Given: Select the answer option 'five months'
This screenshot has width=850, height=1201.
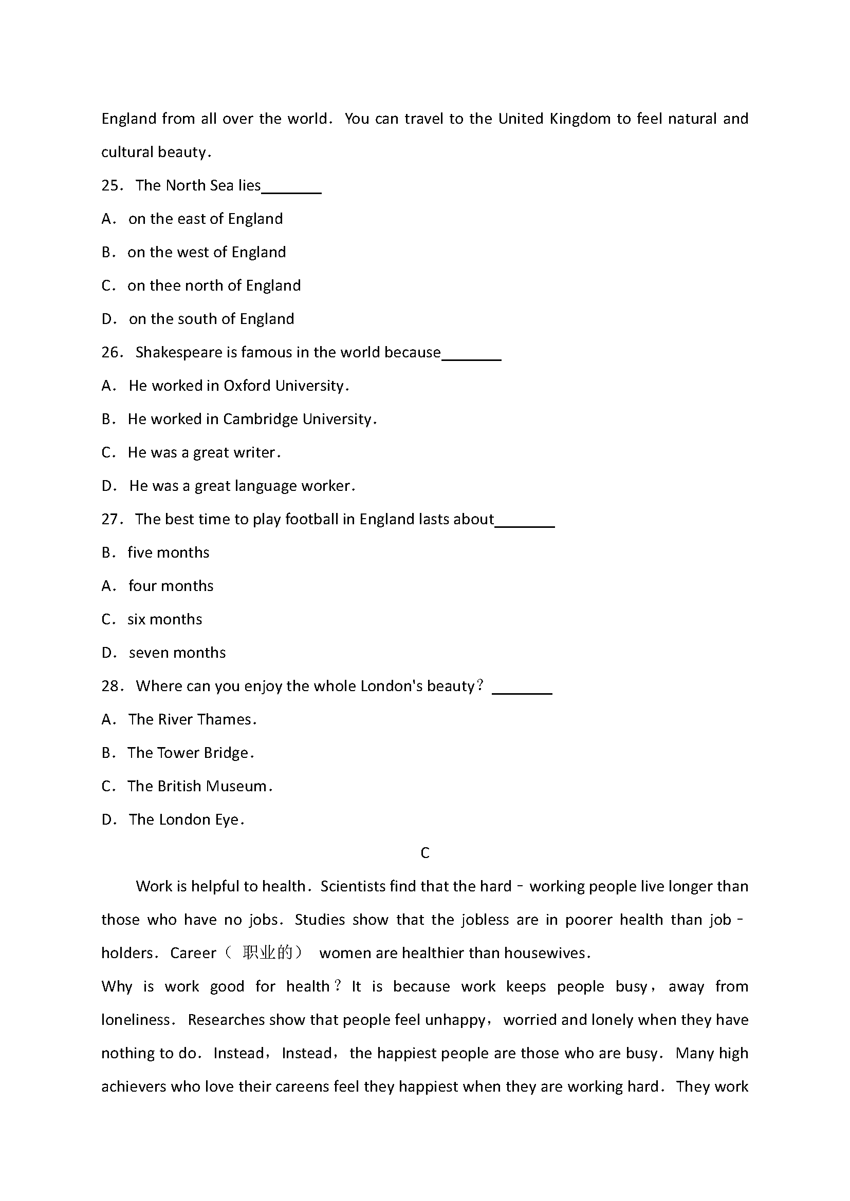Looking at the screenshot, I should (168, 553).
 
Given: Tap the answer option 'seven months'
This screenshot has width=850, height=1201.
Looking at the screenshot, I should (177, 653).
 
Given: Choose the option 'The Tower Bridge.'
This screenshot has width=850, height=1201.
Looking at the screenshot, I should (191, 753).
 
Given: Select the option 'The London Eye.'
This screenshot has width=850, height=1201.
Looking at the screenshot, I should (187, 819).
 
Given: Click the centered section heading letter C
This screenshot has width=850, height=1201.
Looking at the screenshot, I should (424, 853).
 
